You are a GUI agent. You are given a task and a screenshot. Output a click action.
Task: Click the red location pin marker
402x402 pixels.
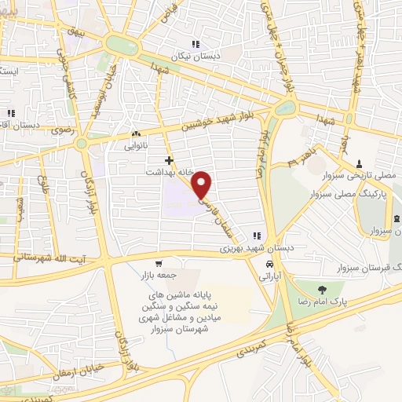202,184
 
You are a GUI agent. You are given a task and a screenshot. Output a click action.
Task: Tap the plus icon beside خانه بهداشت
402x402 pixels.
169,159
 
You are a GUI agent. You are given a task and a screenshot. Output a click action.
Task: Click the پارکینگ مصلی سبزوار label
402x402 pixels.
356,192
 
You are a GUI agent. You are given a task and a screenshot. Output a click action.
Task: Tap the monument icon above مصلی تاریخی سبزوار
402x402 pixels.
359,163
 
